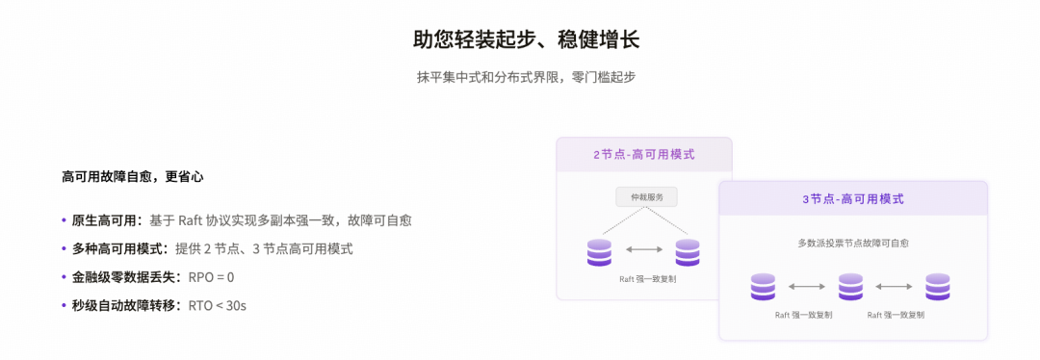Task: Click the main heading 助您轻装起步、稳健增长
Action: tap(526, 39)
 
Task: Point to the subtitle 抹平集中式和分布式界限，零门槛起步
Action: tap(526, 76)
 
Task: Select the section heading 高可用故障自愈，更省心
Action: tap(133, 177)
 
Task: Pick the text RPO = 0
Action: tap(212, 277)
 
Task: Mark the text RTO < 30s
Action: tap(218, 306)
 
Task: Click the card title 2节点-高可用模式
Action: tap(644, 154)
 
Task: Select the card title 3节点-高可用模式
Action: tap(853, 198)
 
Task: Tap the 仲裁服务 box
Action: tap(647, 197)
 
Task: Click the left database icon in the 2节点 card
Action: tap(599, 252)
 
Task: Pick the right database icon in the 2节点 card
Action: tap(688, 252)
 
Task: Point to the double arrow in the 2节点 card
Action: tap(644, 249)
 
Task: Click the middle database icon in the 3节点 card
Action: tap(850, 287)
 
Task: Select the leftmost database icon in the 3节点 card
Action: tap(763, 287)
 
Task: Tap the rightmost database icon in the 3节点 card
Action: tap(938, 287)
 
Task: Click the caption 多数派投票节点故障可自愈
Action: tap(853, 244)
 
